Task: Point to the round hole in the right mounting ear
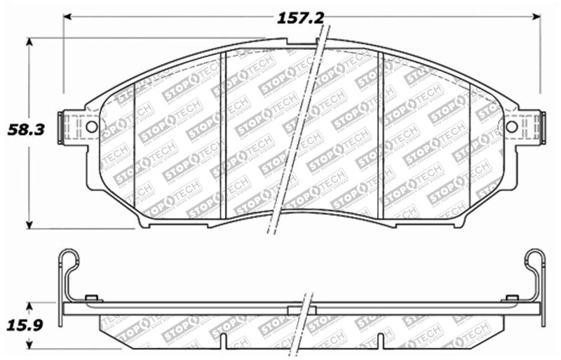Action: coord(511,127)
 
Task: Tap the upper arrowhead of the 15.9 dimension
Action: coord(29,306)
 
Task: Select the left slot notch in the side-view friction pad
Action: coord(223,340)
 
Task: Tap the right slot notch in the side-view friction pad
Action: coord(381,340)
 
